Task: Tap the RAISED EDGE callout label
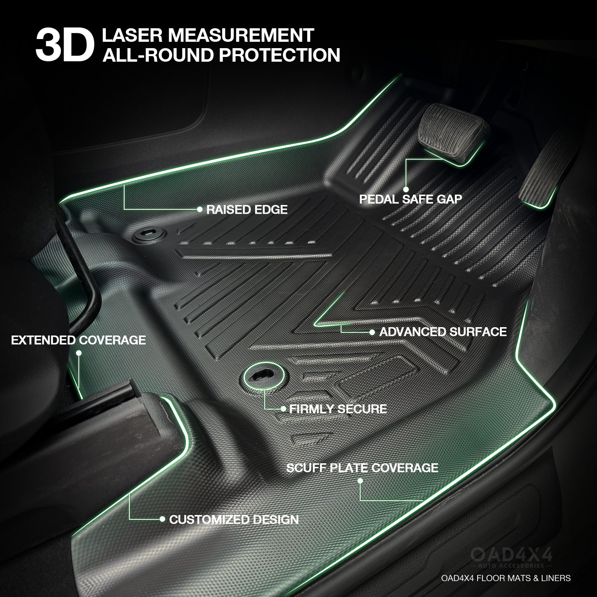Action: tap(247, 209)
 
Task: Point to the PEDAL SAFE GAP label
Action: tap(410, 199)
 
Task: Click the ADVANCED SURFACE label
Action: tap(443, 332)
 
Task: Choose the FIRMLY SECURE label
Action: tap(338, 409)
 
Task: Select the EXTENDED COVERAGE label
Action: tap(78, 340)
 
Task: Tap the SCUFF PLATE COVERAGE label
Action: tap(362, 467)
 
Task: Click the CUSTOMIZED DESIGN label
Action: tap(234, 519)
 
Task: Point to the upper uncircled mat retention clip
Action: tap(148, 235)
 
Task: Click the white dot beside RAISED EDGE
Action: tap(200, 209)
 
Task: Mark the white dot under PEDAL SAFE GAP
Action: tap(406, 189)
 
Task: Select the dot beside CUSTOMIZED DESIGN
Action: tap(162, 519)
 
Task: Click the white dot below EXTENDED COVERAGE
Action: tap(78, 353)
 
